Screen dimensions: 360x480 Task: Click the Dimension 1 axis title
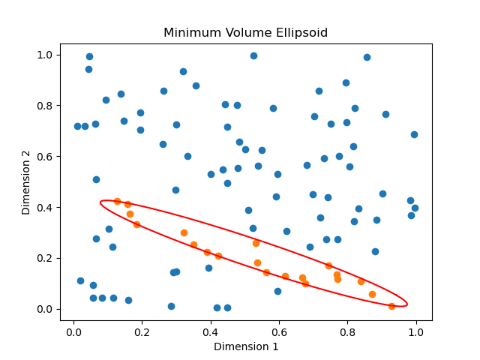246,346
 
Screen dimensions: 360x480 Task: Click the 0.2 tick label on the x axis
142,331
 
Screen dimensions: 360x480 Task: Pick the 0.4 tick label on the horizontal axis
211,331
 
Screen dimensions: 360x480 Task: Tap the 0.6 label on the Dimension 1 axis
279,331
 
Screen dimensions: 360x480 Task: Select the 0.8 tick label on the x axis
347,331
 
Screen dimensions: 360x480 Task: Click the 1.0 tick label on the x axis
416,331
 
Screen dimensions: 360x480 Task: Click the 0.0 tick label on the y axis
45,309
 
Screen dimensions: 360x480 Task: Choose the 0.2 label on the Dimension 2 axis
45,258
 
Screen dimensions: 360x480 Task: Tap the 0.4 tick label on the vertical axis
45,207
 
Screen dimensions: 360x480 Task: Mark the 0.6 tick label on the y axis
45,156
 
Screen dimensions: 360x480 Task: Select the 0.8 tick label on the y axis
45,105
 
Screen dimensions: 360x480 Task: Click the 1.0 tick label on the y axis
45,55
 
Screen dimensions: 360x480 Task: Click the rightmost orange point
391,306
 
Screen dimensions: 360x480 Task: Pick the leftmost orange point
117,201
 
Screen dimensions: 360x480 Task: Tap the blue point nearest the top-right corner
367,57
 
